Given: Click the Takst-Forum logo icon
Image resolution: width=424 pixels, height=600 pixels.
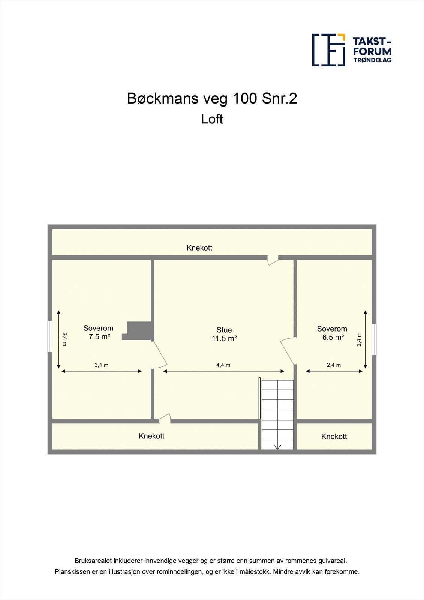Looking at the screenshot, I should click(328, 50).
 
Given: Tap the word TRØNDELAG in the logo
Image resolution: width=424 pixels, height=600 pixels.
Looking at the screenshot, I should click(372, 60).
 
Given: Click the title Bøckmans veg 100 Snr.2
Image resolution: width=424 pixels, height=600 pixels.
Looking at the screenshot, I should click(212, 98).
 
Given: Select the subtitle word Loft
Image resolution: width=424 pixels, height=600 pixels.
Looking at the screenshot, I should click(212, 119).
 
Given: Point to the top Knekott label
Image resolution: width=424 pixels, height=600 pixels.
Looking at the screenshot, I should click(199, 248).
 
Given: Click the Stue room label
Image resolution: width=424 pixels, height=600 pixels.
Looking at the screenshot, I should click(224, 330).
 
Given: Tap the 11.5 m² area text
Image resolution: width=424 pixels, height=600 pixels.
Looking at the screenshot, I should click(224, 338).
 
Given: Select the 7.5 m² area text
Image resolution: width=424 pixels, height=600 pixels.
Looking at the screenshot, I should click(99, 337).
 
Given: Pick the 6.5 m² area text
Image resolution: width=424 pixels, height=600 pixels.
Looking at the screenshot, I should click(333, 337).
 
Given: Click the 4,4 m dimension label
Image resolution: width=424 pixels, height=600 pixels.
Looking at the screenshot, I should click(223, 365).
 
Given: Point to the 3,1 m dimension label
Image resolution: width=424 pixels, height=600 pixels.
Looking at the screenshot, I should click(102, 365).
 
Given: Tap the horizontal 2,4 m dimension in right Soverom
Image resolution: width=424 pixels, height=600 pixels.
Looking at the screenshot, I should click(334, 365).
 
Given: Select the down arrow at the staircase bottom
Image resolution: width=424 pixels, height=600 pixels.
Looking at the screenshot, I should click(277, 446).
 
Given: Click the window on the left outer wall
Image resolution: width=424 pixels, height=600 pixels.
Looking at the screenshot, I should click(50, 336).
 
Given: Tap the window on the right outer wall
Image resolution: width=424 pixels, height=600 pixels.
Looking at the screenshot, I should click(374, 339).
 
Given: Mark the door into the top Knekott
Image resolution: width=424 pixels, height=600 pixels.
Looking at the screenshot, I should click(273, 259).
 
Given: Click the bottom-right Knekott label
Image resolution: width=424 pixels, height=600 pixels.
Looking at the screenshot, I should click(334, 436).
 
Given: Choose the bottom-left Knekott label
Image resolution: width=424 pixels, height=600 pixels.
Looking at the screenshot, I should click(151, 436).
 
